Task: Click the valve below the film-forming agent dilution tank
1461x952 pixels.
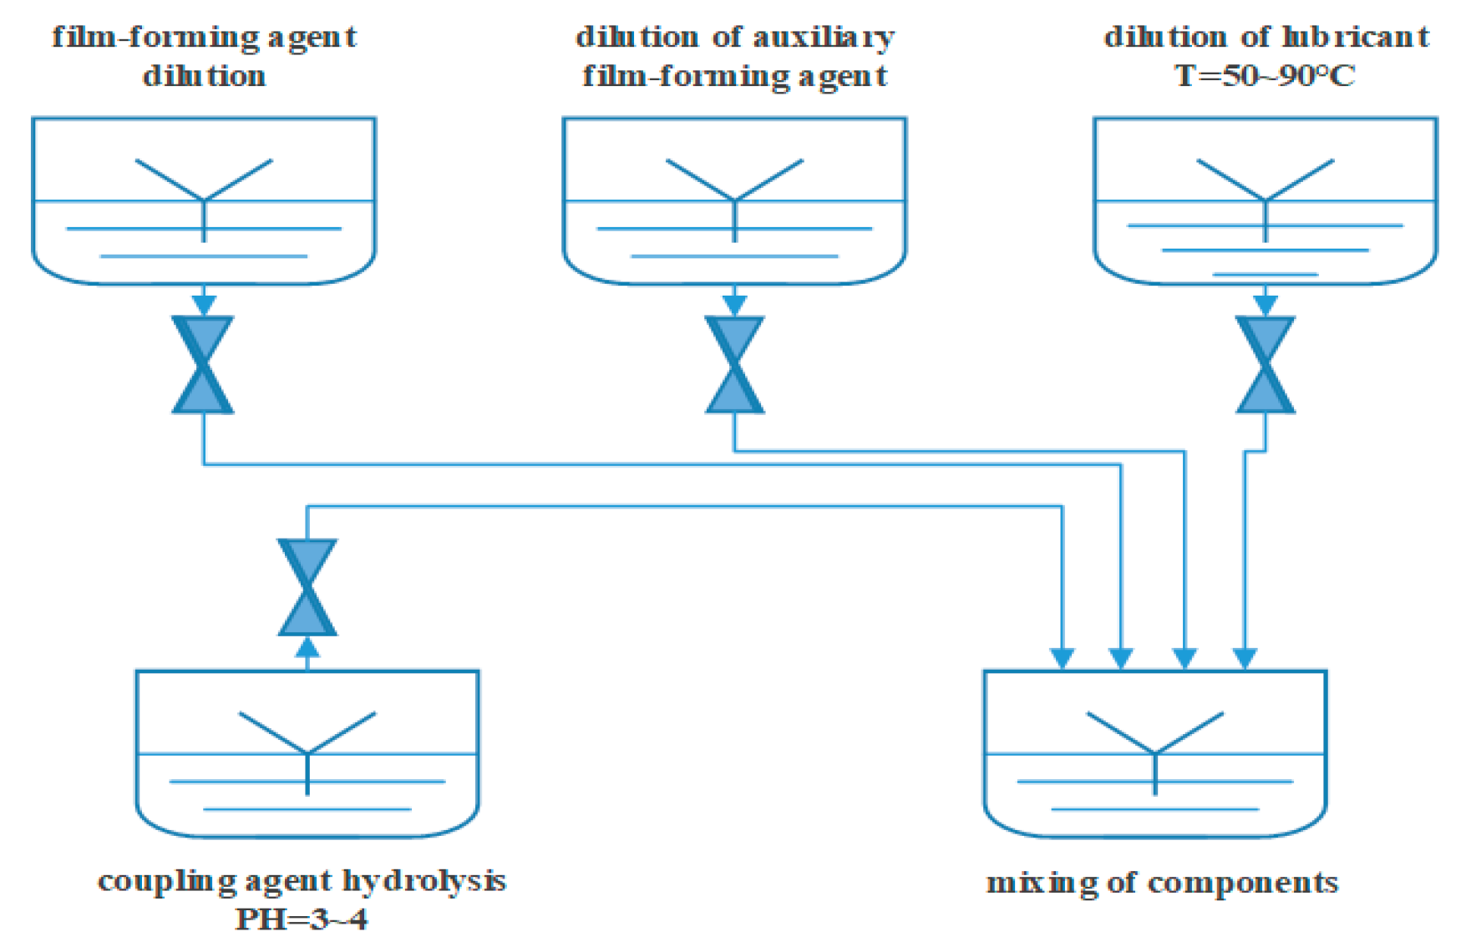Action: click(x=203, y=365)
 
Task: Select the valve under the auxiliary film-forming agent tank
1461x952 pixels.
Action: click(x=734, y=365)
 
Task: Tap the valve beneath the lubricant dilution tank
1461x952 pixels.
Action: click(x=1266, y=365)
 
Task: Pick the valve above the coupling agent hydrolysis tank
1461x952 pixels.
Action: click(x=307, y=587)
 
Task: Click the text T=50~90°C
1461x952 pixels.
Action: click(x=1265, y=76)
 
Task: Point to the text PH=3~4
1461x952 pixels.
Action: click(x=302, y=919)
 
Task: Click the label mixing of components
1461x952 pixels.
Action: click(x=1162, y=883)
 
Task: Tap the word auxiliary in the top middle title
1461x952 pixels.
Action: click(x=824, y=37)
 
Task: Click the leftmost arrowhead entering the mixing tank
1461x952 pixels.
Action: click(x=1062, y=659)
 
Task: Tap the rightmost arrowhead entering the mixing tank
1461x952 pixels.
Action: click(x=1245, y=659)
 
